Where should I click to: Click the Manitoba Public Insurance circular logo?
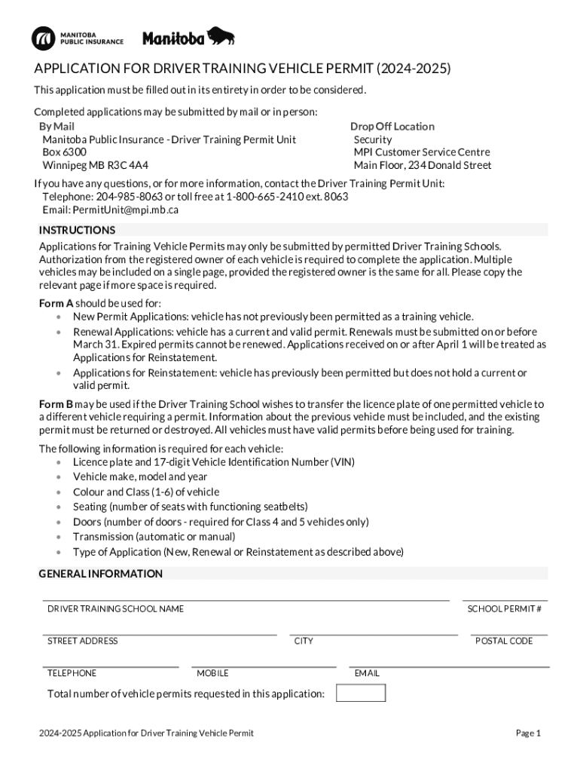click(x=44, y=37)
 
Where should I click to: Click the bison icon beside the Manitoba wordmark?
click(x=221, y=35)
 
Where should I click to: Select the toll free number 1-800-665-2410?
click(x=258, y=197)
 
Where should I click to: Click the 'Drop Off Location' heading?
click(x=392, y=126)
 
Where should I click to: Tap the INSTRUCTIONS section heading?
click(x=77, y=230)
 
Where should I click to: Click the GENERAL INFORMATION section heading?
click(x=100, y=574)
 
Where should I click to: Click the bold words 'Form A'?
click(x=56, y=303)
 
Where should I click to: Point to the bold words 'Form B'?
click(x=56, y=404)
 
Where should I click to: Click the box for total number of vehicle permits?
click(x=360, y=693)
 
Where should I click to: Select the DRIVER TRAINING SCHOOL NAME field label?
click(x=115, y=608)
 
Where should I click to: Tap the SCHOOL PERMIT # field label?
click(x=504, y=608)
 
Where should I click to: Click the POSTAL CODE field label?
click(x=503, y=641)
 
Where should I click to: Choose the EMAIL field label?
click(x=367, y=672)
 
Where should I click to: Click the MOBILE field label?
click(x=212, y=672)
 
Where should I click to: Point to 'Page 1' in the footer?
click(x=528, y=733)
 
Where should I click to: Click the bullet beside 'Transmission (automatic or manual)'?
click(x=58, y=537)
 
